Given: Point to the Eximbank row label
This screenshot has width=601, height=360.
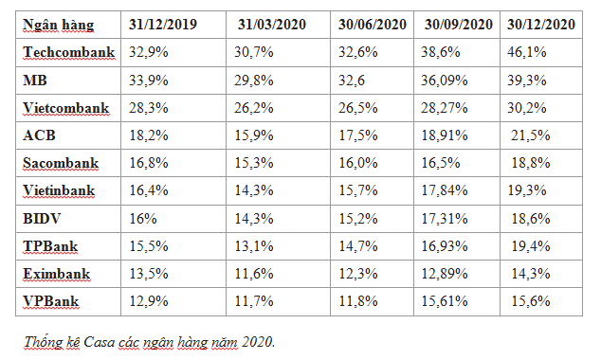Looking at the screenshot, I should click(x=59, y=275).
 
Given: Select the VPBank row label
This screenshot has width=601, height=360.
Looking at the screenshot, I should click(x=53, y=302).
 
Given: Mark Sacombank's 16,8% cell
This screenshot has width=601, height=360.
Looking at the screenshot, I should click(x=150, y=163).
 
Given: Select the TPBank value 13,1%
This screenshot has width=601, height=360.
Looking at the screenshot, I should click(x=251, y=246).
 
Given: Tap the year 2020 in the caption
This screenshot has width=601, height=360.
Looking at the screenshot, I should click(x=257, y=340).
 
